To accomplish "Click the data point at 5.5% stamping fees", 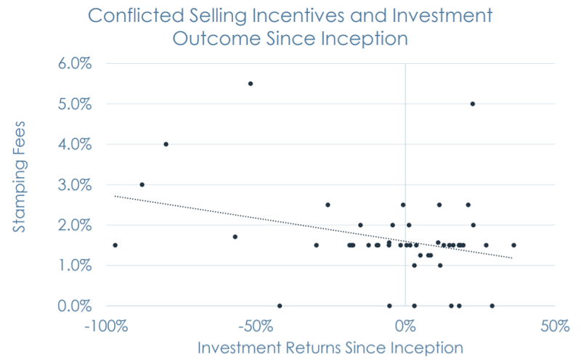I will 251,83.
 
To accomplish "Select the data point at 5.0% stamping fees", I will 473,104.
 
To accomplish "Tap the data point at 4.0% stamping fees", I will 166,144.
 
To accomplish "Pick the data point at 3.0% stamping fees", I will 142,184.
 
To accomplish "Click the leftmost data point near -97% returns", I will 115,245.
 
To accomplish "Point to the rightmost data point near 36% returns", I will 513,245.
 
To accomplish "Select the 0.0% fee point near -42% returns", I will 280,306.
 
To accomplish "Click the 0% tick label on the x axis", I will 405,325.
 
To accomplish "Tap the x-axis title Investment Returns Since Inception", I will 330,348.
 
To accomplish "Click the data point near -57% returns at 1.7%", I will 235,237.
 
